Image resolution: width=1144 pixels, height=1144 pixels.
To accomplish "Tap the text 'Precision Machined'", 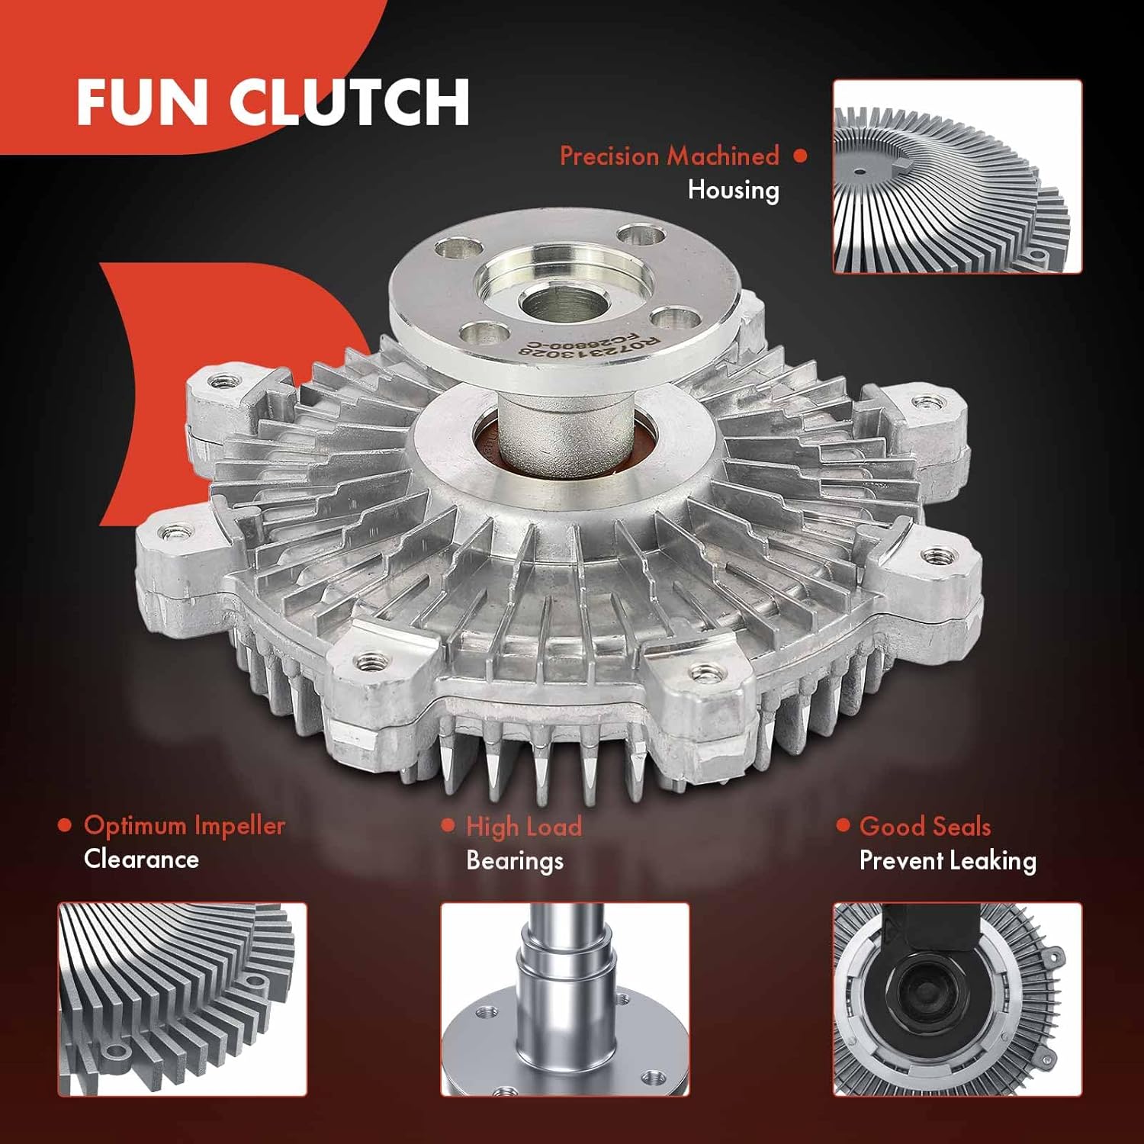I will (669, 156).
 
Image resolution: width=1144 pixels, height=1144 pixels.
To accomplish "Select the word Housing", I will (733, 190).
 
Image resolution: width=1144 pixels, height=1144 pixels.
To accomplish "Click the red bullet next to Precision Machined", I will (799, 156).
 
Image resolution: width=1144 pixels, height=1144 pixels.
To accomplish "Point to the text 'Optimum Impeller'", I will (184, 825).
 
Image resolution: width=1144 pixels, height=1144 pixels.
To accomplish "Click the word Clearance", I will (141, 859).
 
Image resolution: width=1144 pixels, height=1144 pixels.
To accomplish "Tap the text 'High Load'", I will (523, 827).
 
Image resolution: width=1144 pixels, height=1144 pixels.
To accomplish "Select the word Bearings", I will (514, 860).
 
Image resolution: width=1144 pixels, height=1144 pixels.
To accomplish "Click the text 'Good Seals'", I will (924, 826).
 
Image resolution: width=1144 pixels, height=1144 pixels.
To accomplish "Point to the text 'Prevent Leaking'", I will (947, 860).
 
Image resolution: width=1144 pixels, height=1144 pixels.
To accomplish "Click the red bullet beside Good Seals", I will (843, 825).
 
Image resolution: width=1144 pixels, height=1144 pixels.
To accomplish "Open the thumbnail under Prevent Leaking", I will (956, 999).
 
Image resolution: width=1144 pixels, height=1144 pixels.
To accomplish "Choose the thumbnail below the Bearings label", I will (564, 999).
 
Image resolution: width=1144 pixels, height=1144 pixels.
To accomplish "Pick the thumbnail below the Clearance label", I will (182, 999).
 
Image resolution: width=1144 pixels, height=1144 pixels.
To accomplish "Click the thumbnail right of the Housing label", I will (956, 176).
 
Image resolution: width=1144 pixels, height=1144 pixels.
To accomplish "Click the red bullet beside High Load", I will (448, 826).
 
